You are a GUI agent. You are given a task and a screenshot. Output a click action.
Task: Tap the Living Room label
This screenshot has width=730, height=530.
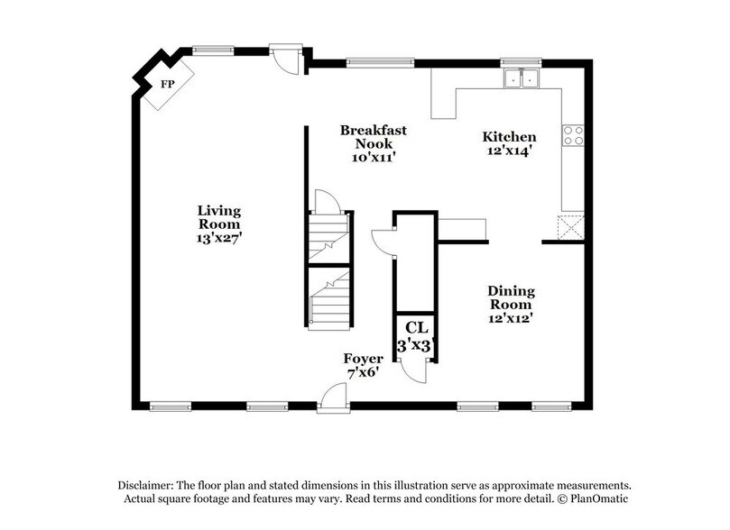click(219, 217)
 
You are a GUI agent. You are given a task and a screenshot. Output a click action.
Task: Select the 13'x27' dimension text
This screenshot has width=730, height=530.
click(219, 239)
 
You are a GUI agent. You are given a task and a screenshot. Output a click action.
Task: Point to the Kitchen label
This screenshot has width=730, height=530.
click(509, 137)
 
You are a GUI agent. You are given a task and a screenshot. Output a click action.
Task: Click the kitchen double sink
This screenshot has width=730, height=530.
click(521, 78)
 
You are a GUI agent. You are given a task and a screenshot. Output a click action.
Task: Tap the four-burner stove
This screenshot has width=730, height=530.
click(573, 135)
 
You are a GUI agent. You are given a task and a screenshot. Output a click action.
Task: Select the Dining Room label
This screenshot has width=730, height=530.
click(512, 298)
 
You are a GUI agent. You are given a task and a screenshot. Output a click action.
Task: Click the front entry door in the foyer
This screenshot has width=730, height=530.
click(333, 398)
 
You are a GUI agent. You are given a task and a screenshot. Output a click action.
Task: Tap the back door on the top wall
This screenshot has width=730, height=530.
click(287, 59)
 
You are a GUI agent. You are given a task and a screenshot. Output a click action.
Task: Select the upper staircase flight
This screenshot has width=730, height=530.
click(328, 237)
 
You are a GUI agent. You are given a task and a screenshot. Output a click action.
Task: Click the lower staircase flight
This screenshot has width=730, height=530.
click(328, 298)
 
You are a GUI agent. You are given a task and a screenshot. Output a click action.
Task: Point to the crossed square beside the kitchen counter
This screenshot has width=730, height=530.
click(570, 225)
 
